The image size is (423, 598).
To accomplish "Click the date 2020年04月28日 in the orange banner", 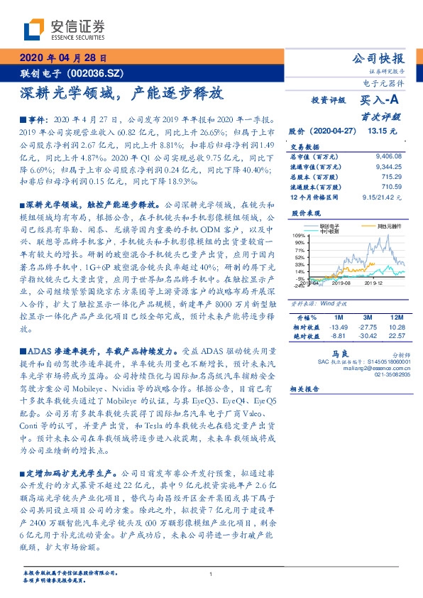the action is [63, 58].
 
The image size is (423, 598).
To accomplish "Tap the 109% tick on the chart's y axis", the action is [299, 235].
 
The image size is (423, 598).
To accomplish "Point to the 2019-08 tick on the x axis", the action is [341, 282].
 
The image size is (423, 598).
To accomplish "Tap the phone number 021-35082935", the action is [393, 374].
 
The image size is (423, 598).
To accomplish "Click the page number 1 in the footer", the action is [211, 575].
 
